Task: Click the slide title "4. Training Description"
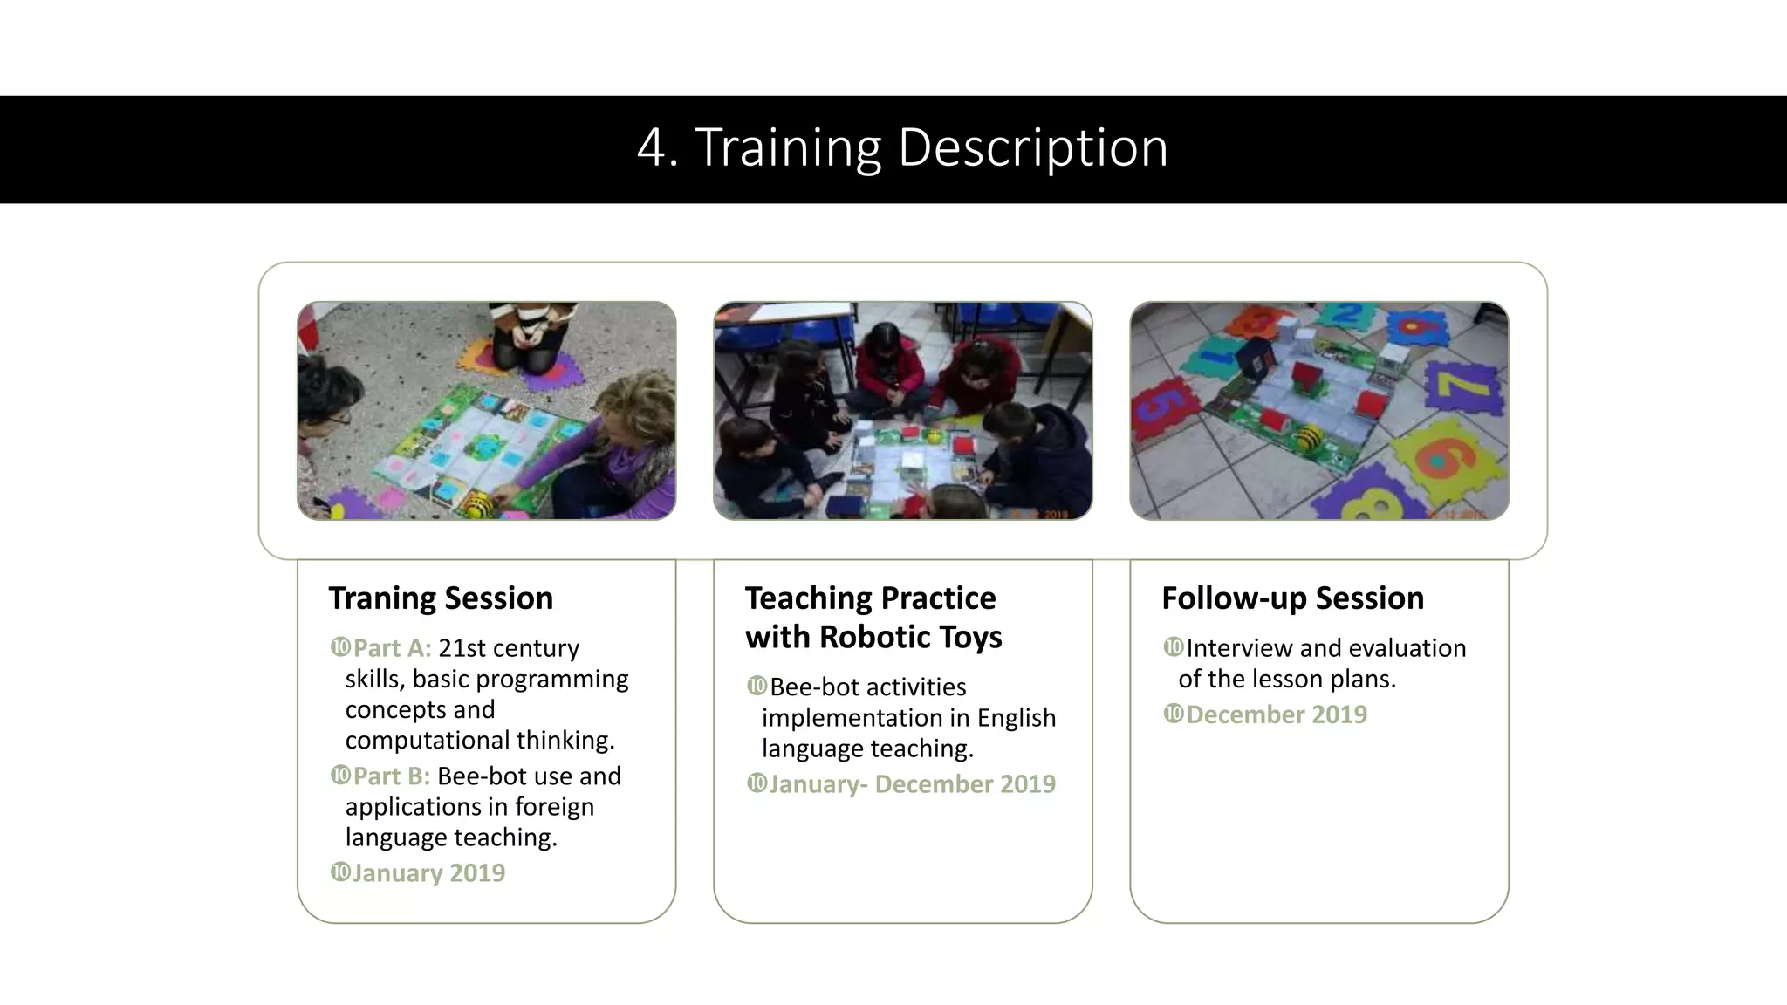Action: click(902, 147)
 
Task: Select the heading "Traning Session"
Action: click(441, 598)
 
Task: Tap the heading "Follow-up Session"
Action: click(1292, 598)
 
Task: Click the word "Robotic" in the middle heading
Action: click(873, 637)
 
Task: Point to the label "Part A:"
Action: click(392, 648)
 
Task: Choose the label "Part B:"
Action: click(391, 776)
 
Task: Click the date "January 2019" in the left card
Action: click(428, 872)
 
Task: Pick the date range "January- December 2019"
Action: click(912, 783)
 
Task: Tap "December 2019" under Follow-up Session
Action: click(1276, 714)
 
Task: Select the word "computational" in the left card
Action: click(428, 740)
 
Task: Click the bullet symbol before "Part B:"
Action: click(340, 775)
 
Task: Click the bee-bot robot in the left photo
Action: click(479, 504)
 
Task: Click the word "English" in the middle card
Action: click(1016, 718)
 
